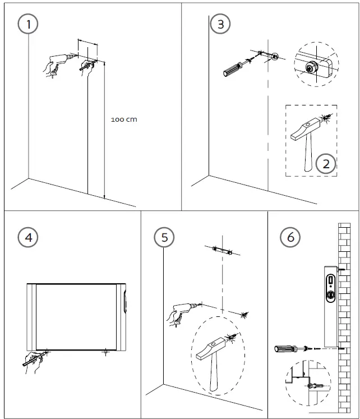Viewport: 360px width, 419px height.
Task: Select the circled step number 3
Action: (220, 24)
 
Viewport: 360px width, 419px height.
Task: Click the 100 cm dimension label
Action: (123, 119)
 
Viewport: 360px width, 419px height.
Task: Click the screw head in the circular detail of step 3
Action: (309, 67)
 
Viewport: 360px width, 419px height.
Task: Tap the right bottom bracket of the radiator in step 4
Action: (105, 353)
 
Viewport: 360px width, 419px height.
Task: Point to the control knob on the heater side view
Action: (331, 294)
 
